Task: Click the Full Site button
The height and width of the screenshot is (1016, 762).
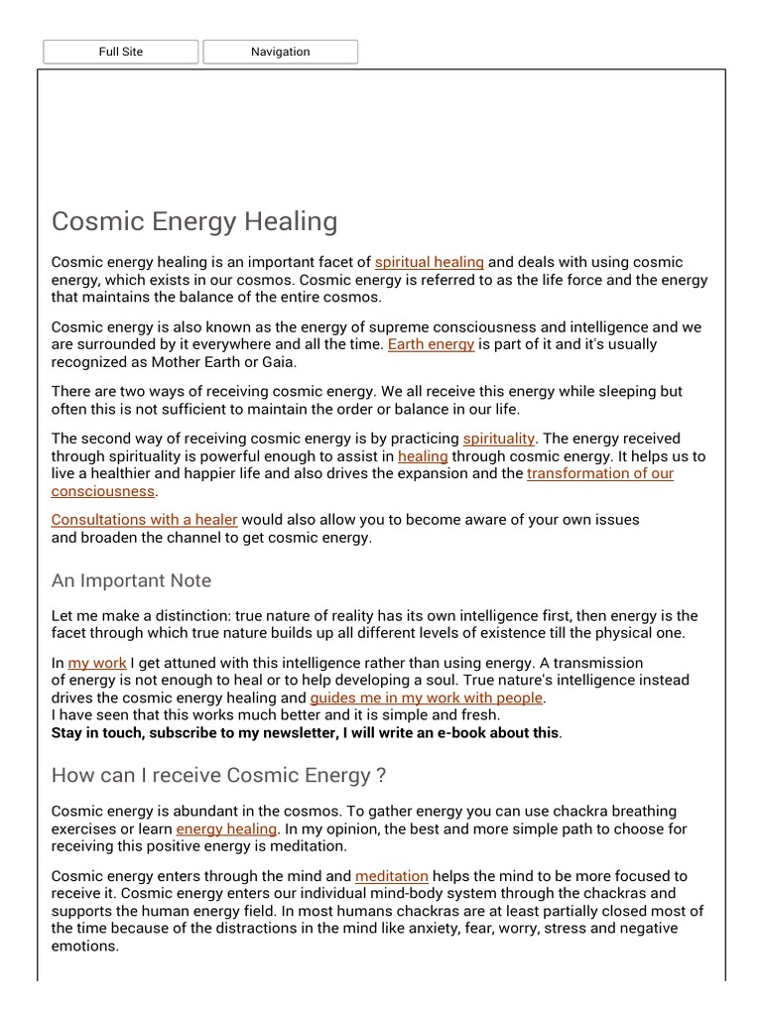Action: coord(121,52)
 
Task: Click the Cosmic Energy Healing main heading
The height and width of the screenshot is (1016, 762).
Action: coord(194,221)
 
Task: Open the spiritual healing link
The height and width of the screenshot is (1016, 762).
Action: coord(429,263)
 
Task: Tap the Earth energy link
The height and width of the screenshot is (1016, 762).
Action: coord(431,344)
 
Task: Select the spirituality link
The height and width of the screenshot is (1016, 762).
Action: coord(499,438)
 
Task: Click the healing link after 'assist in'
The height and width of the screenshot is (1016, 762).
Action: coord(423,456)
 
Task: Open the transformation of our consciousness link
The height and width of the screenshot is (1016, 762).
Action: coord(599,473)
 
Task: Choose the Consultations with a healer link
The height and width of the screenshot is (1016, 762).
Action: coord(145,520)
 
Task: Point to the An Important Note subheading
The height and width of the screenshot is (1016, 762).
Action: coord(131,580)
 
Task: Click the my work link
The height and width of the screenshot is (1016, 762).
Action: coord(97,663)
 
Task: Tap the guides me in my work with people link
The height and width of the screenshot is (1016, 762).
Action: coord(427,698)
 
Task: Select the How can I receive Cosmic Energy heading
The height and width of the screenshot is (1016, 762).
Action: coord(218,775)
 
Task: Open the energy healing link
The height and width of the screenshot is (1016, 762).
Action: coord(226,828)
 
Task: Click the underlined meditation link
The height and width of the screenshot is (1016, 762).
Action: coord(392,876)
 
